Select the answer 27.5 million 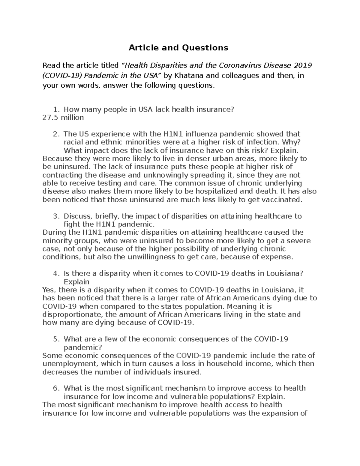click(63, 118)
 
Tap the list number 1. click(56, 110)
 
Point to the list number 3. click(56, 216)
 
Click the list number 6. click(56, 388)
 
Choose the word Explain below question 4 click(77, 282)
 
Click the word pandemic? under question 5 click(83, 347)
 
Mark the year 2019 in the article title click(303, 65)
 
